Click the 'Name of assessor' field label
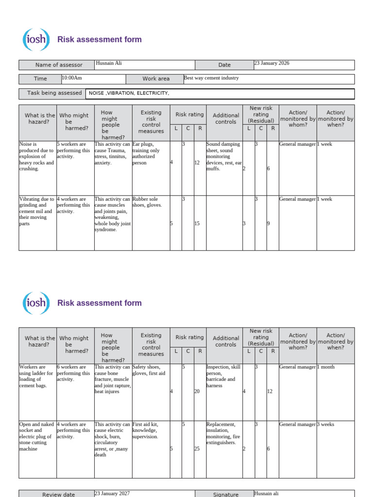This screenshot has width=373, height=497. point(59,65)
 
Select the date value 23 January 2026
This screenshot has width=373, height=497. point(271,64)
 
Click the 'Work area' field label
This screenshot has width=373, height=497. point(156,79)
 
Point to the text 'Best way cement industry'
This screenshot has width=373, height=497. point(211,78)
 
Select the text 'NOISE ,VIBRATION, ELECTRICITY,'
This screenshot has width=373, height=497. point(129,93)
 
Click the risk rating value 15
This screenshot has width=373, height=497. point(197,224)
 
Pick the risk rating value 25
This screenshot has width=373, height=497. point(197,449)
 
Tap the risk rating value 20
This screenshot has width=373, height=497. point(197,392)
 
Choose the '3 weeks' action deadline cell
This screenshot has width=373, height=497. point(325,425)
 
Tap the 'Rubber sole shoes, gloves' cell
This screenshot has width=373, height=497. point(148,202)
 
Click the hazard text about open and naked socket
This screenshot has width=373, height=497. point(35,436)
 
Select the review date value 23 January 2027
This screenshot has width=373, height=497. point(112,493)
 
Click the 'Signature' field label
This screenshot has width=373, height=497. point(226,495)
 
